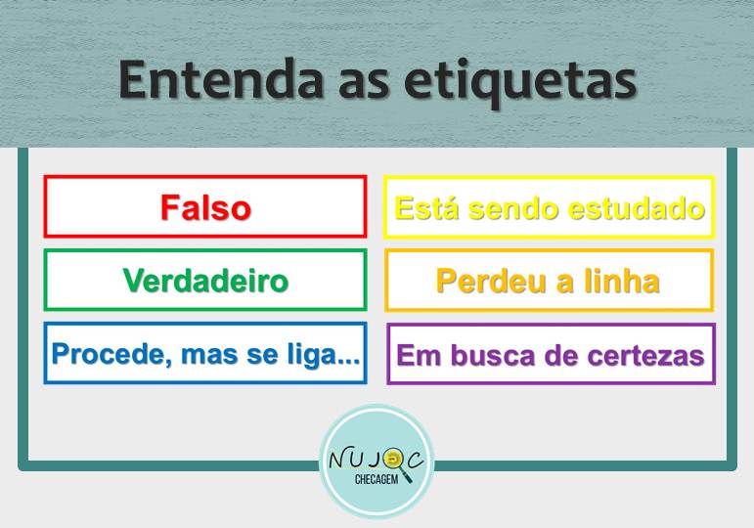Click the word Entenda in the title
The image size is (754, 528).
[221, 79]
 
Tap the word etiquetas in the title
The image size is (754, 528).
[521, 83]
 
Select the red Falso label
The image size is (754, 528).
[205, 207]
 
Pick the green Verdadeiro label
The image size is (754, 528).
[205, 281]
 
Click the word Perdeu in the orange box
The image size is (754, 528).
[492, 282]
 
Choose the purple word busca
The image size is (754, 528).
[493, 356]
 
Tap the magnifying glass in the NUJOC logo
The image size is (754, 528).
[396, 463]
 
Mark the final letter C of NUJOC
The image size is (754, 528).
[416, 460]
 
